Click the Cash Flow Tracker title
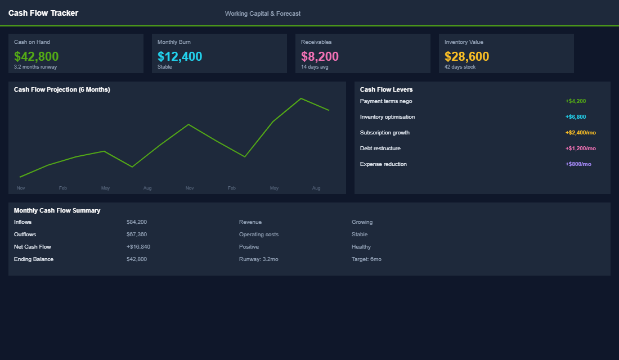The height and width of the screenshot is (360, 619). point(43,13)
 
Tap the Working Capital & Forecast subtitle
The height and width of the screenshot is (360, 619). point(262,13)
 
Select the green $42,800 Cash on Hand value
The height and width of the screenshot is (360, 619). point(36,56)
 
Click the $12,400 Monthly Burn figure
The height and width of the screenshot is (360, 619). point(180,56)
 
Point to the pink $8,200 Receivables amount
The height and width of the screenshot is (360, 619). point(320,56)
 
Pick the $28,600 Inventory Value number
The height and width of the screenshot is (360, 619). point(467,56)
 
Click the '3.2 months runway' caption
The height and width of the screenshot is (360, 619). point(35,67)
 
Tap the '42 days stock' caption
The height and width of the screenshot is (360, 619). point(460,67)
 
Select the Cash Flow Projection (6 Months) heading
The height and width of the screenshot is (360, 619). point(62,89)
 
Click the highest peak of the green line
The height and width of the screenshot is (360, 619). point(301,98)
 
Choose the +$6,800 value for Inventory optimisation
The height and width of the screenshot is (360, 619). point(576,117)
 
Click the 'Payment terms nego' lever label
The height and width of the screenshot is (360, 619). point(386,101)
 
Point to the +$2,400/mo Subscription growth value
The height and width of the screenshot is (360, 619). point(580,133)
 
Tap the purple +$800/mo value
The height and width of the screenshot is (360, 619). point(578,164)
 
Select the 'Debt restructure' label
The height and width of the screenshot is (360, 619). point(380,148)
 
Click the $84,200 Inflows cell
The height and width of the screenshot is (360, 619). point(137,222)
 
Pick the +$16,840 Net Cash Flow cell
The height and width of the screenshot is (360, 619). point(138,247)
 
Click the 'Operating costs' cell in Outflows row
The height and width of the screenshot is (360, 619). point(258,235)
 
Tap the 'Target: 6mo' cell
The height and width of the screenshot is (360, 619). point(366,259)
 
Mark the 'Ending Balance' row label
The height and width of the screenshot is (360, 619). point(34,259)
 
